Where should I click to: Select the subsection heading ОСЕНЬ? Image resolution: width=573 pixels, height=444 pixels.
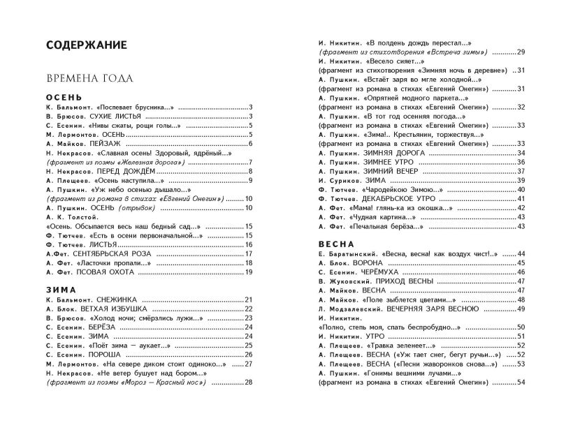click(x=64, y=96)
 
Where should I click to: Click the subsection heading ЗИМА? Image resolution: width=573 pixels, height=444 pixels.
click(x=60, y=288)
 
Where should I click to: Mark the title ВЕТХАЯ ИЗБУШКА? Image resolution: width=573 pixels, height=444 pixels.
click(x=118, y=309)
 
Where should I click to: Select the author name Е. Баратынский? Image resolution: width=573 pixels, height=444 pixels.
click(x=349, y=253)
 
